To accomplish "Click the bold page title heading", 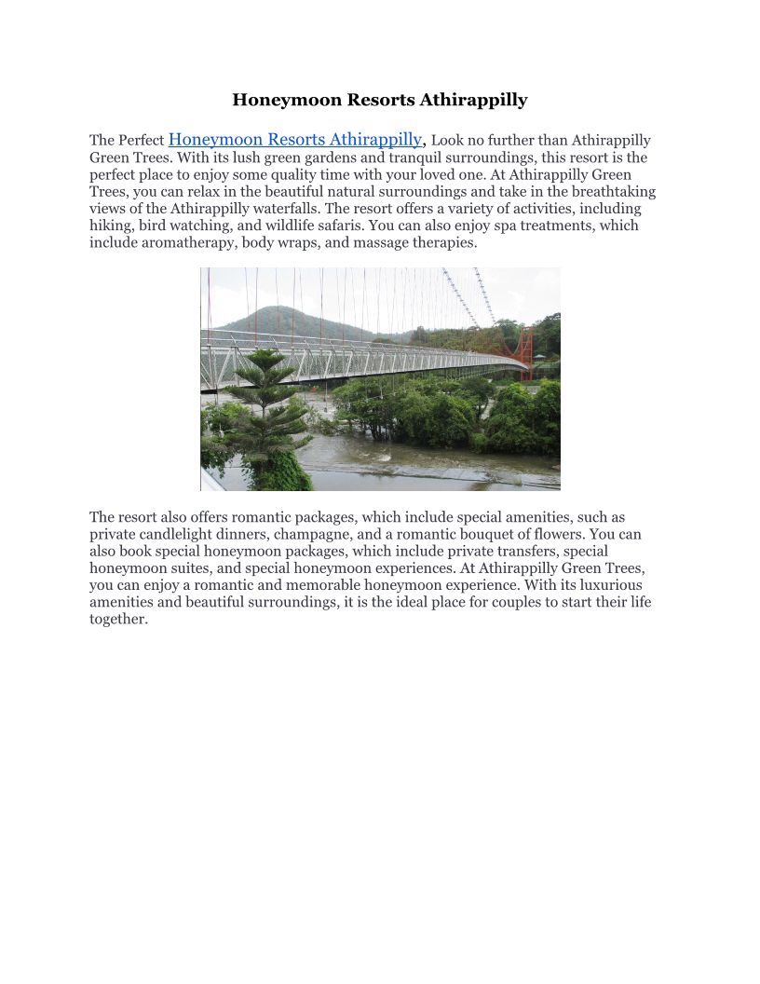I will pos(380,100).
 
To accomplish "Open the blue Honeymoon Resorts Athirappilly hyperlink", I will pos(295,140).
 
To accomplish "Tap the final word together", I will pos(118,619).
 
